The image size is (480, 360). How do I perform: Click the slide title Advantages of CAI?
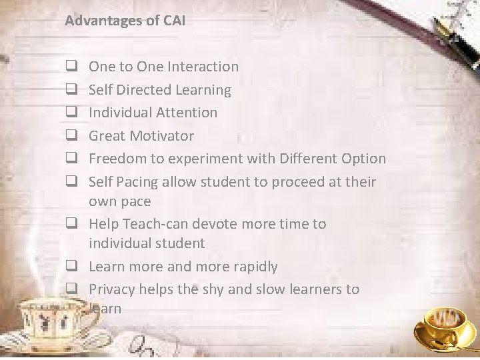click(125, 21)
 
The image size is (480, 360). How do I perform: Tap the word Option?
click(362, 159)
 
